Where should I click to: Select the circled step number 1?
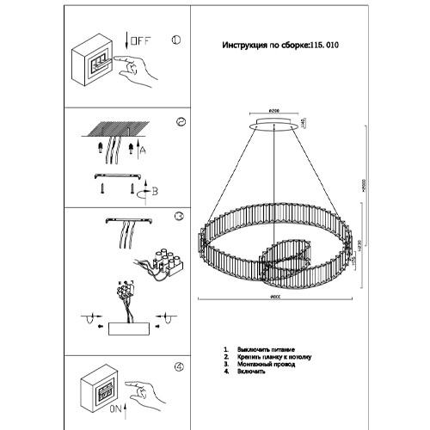(175, 40)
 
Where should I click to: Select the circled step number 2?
(181, 122)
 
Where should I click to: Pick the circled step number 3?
(179, 218)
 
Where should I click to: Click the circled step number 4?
(178, 367)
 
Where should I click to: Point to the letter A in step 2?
(142, 150)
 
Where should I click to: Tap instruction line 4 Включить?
(250, 373)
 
